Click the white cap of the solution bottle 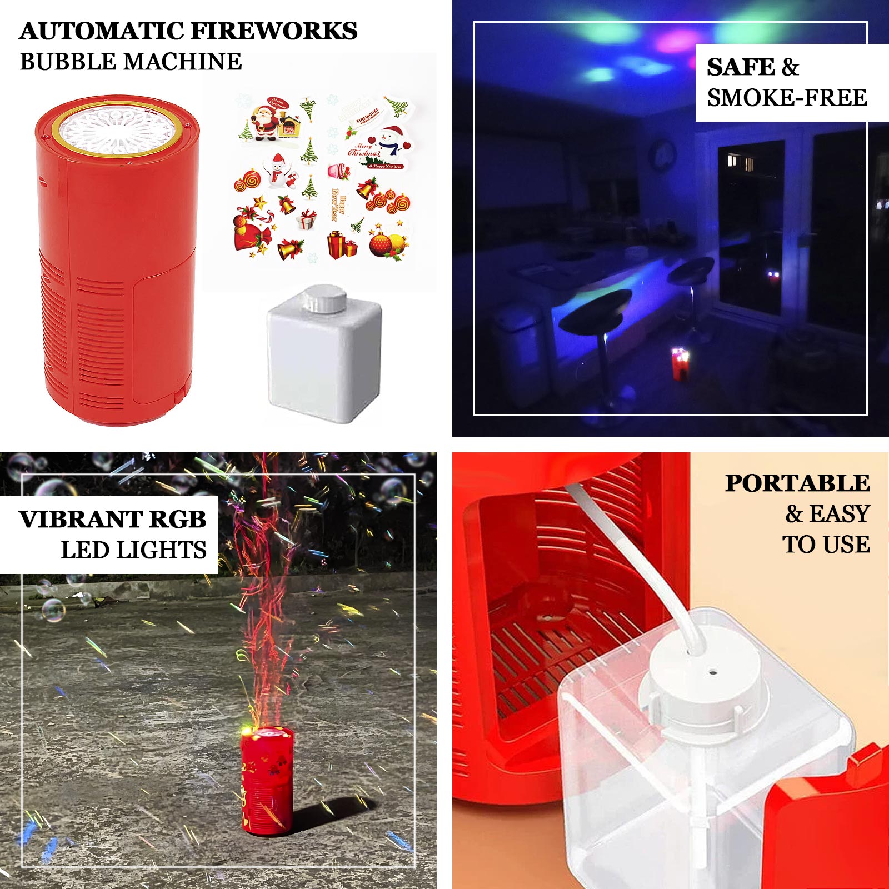pyautogui.click(x=324, y=299)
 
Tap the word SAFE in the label pyautogui.click(x=740, y=67)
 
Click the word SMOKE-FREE pyautogui.click(x=787, y=98)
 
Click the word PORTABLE pyautogui.click(x=797, y=483)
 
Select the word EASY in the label pyautogui.click(x=839, y=514)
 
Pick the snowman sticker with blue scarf pyautogui.click(x=391, y=141)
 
